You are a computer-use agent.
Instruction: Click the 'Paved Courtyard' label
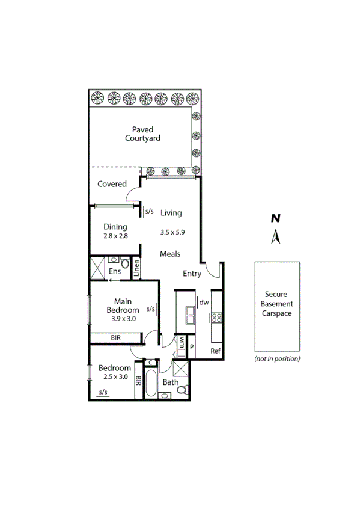pyautogui.click(x=142, y=134)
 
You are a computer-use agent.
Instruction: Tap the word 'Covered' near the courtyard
pyautogui.click(x=112, y=184)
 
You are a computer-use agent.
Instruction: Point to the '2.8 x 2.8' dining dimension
pyautogui.click(x=115, y=236)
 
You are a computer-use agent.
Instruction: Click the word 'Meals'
pyautogui.click(x=170, y=254)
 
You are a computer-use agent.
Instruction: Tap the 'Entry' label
pyautogui.click(x=192, y=274)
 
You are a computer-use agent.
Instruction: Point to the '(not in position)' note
pyautogui.click(x=277, y=359)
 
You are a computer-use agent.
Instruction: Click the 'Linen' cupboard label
pyautogui.click(x=136, y=269)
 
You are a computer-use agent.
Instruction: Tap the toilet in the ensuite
pyautogui.click(x=124, y=263)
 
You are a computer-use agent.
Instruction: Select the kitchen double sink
pyautogui.click(x=190, y=315)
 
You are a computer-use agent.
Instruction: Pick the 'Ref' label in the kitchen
pyautogui.click(x=215, y=351)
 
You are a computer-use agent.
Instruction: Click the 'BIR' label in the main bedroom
pyautogui.click(x=116, y=338)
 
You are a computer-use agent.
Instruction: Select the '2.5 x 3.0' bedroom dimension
pyautogui.click(x=115, y=377)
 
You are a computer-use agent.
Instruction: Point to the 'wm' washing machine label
pyautogui.click(x=180, y=343)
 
